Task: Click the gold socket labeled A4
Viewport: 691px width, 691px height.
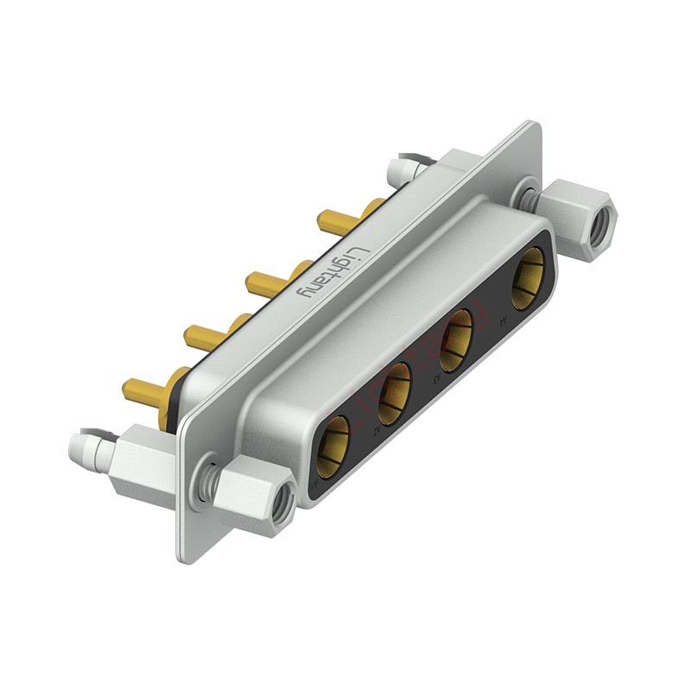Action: coord(528,278)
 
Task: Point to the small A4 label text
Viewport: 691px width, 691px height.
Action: coord(504,322)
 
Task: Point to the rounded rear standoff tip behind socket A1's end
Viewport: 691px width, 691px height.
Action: coord(86,447)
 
